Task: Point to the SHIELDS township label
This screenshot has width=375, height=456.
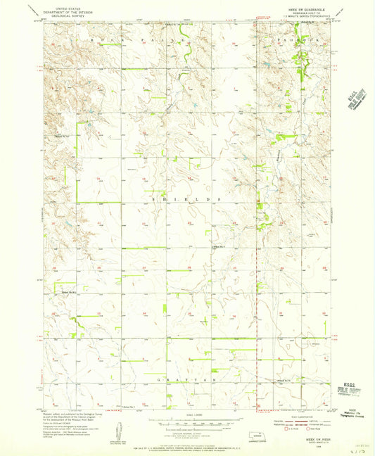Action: (186, 199)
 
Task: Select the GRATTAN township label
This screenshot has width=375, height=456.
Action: (186, 379)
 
